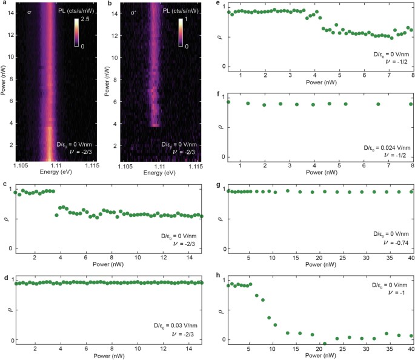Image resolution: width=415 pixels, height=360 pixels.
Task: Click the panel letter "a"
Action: [3, 5]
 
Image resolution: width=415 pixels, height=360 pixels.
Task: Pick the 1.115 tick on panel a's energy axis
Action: [91, 165]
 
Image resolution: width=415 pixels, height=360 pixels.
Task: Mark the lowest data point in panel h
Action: [324, 344]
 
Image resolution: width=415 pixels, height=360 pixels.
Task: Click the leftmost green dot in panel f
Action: [228, 102]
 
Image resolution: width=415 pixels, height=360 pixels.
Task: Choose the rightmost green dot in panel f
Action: [411, 104]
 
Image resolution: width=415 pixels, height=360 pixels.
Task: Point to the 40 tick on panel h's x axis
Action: [411, 350]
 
